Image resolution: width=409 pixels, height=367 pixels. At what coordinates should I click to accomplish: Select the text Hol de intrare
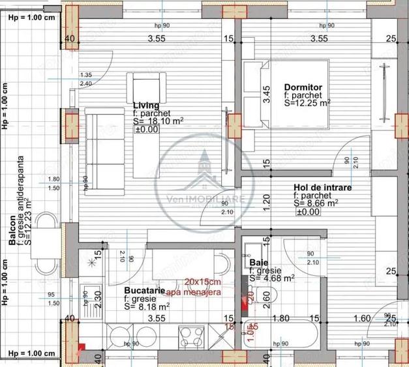[x=322, y=188]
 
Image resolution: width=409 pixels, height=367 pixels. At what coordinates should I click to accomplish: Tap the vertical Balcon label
[x=12, y=230]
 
